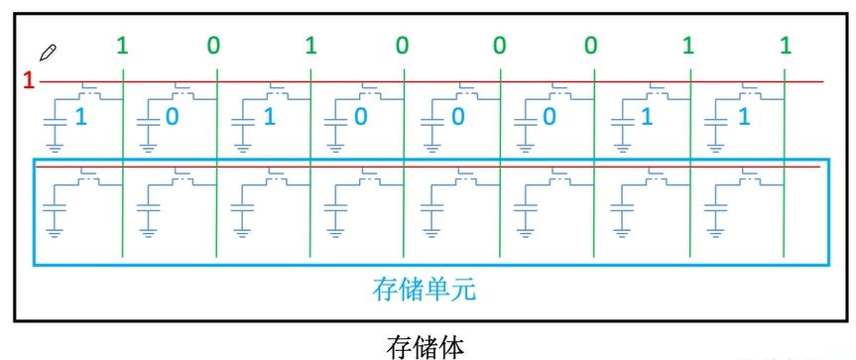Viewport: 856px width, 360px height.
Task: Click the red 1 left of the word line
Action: tap(29, 80)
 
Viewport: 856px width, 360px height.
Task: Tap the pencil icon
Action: tap(47, 52)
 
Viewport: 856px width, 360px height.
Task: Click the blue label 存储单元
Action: tap(424, 290)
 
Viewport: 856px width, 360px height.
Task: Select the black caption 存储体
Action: tap(424, 346)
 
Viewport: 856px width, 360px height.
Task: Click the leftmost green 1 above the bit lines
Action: tap(122, 45)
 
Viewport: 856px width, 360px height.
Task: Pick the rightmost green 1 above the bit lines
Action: tap(786, 45)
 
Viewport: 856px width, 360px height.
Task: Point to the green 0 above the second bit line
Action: tap(214, 45)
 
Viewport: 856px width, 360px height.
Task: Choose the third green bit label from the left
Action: tap(310, 45)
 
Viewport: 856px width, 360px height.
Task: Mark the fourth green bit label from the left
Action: tap(403, 45)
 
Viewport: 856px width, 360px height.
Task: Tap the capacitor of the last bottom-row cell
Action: tap(715, 210)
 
